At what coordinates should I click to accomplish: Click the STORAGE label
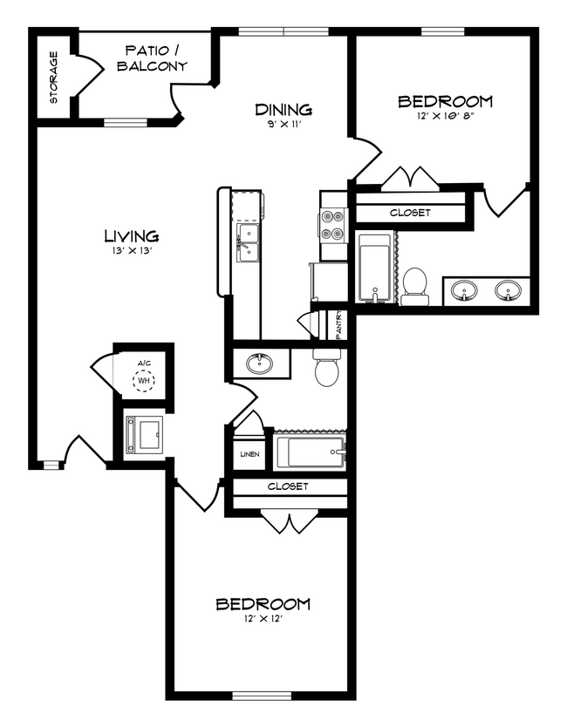(x=54, y=78)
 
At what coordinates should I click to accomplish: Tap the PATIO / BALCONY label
(x=152, y=58)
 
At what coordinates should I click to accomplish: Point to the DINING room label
(x=283, y=110)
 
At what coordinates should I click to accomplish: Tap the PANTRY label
(x=338, y=324)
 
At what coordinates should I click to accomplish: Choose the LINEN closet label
(x=249, y=454)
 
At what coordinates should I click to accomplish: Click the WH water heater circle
(x=144, y=381)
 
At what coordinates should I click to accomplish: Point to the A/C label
(x=144, y=363)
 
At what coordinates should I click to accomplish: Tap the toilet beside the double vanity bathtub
(x=414, y=287)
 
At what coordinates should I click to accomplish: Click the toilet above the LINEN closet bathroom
(x=329, y=368)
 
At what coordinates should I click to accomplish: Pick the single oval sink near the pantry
(x=260, y=364)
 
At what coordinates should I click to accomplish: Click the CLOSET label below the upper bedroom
(x=410, y=213)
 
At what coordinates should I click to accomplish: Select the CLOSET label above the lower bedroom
(x=288, y=486)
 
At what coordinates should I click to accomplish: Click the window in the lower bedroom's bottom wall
(x=262, y=696)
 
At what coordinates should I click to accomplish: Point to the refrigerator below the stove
(x=330, y=281)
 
